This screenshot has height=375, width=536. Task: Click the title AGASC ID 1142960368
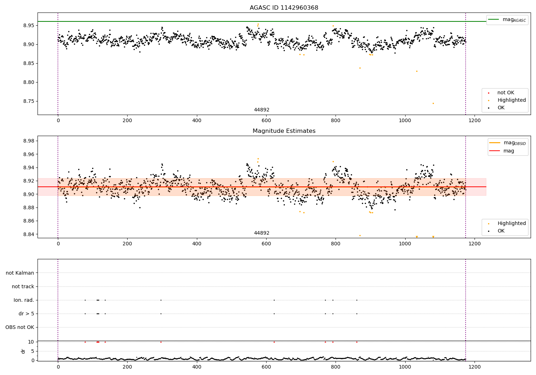284,8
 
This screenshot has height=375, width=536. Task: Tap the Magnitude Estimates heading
284,131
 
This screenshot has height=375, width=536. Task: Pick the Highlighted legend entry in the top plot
511,100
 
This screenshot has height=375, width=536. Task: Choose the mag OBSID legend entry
507,143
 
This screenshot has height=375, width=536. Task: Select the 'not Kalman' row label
20,273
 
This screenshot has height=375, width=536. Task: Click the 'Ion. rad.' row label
24,300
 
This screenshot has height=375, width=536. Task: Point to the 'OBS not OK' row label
20,327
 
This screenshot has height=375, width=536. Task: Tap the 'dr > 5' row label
26,314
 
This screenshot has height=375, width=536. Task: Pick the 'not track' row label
23,286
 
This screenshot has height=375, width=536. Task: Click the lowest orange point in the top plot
433,103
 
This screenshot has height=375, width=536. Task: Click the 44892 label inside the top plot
262,110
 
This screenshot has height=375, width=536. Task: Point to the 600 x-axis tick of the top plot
266,121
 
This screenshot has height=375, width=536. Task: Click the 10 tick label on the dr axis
31,342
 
